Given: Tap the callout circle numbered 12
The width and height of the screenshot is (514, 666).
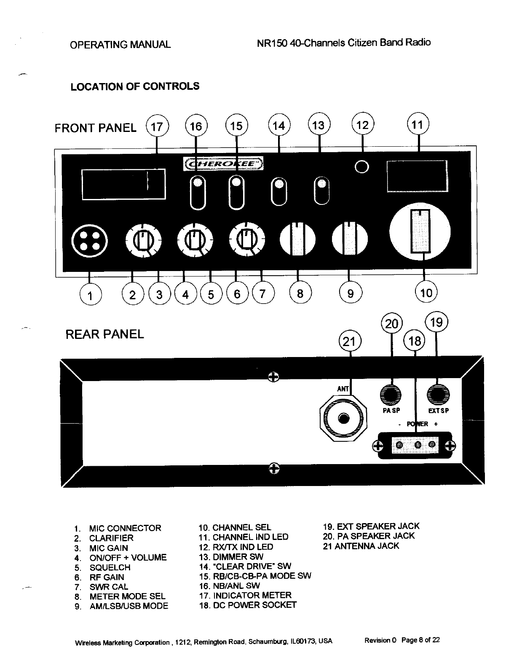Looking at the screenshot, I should (363, 125).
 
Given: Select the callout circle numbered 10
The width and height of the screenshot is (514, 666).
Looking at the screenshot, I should (426, 293).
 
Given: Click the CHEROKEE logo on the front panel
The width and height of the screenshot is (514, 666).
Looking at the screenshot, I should (224, 164).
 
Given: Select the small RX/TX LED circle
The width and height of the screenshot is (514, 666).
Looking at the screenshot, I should (362, 167).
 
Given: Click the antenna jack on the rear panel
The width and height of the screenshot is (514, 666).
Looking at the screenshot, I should (344, 418).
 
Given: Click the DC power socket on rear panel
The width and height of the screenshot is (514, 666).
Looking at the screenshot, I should (415, 445).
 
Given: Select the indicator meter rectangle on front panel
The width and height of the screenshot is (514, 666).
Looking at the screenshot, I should (124, 184).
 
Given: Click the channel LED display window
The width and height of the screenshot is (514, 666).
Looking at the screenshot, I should (417, 176).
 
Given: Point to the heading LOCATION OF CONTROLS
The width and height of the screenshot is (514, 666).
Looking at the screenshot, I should (135, 87).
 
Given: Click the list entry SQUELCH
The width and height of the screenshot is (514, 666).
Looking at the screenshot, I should (110, 567).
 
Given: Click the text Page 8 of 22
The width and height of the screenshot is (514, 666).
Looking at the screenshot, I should (420, 640).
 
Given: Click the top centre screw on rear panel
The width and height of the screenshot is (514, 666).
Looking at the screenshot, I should (273, 376).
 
